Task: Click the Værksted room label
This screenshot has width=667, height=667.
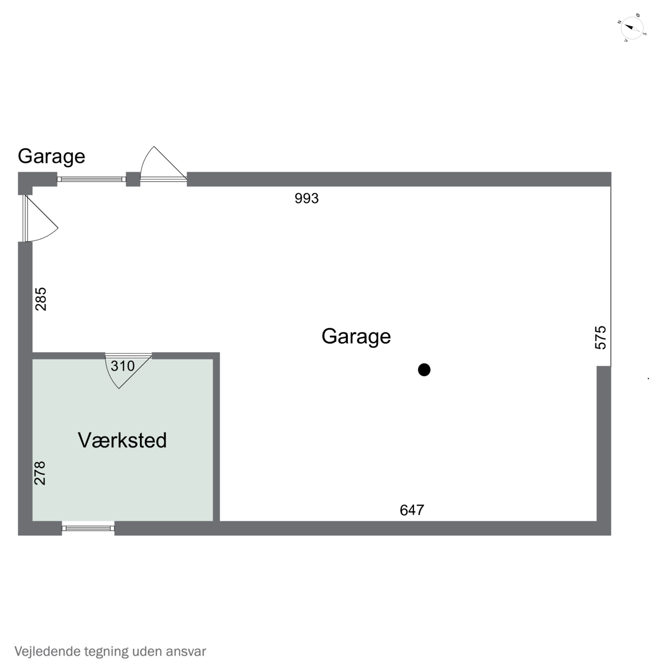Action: pyautogui.click(x=122, y=440)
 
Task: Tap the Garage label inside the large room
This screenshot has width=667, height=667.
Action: pyautogui.click(x=356, y=337)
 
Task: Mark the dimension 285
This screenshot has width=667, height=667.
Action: pyautogui.click(x=41, y=299)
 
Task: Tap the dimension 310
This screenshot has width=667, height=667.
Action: pyautogui.click(x=123, y=366)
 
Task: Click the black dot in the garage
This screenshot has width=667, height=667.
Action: pyautogui.click(x=424, y=370)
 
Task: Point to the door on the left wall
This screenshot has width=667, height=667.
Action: pyautogui.click(x=41, y=218)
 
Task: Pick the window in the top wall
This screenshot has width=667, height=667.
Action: pyautogui.click(x=91, y=179)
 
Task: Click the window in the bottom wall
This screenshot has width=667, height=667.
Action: pyautogui.click(x=88, y=528)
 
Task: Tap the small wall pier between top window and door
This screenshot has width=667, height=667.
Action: pyautogui.click(x=133, y=179)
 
